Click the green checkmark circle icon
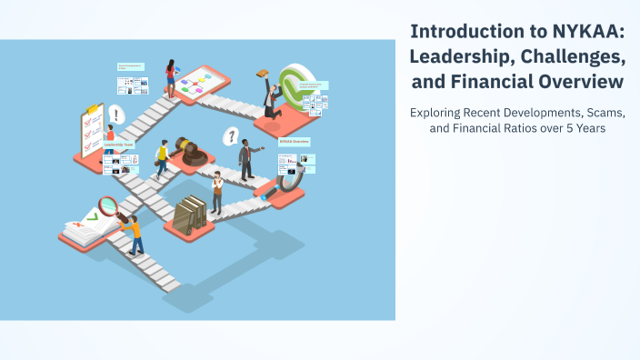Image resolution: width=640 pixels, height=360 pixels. coord(295,85)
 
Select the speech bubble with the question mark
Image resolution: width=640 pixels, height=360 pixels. coord(232,136)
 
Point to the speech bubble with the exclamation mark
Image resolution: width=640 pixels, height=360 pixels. coord(115,115)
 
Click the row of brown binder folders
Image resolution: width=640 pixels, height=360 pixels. coord(191,214)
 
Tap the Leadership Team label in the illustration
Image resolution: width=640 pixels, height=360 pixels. coord(119,145)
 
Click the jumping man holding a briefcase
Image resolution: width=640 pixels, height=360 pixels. coord(270,96)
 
